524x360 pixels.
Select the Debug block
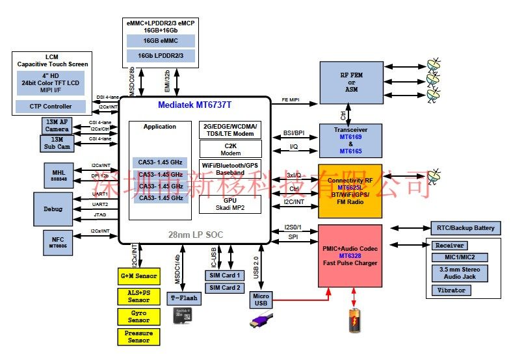pyautogui.click(x=54, y=209)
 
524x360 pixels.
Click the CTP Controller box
pyautogui.click(x=50, y=105)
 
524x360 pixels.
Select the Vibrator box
pyautogui.click(x=452, y=290)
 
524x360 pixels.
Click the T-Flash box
pyautogui.click(x=185, y=299)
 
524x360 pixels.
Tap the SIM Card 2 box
pyautogui.click(x=224, y=288)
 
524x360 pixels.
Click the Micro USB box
pyautogui.click(x=261, y=300)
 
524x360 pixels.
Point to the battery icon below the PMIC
pyautogui.click(x=354, y=320)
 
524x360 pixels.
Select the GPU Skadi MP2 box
pyautogui.click(x=230, y=205)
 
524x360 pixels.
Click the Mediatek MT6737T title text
pyautogui.click(x=194, y=104)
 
